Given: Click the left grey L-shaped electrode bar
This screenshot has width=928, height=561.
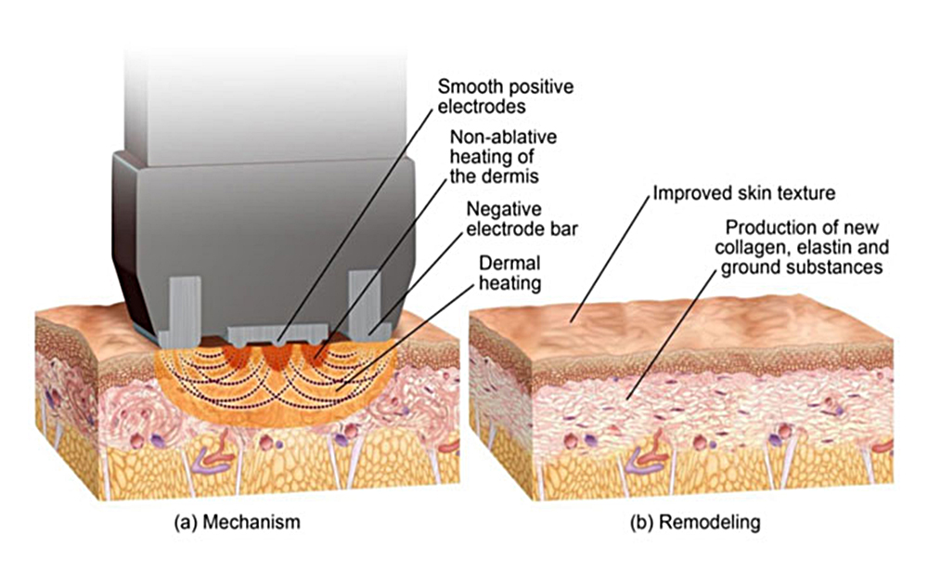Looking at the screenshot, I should tap(179, 302).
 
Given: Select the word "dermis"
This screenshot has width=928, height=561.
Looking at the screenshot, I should tap(521, 174).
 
